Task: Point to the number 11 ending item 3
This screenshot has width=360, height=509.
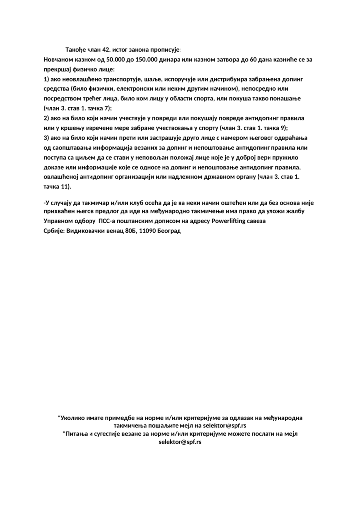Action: pyautogui.click(x=64, y=186)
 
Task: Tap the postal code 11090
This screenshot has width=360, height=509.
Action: pyautogui.click(x=149, y=231)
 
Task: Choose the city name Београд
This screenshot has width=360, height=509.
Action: pyautogui.click(x=172, y=231)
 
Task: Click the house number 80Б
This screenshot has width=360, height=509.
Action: pyautogui.click(x=129, y=231)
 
